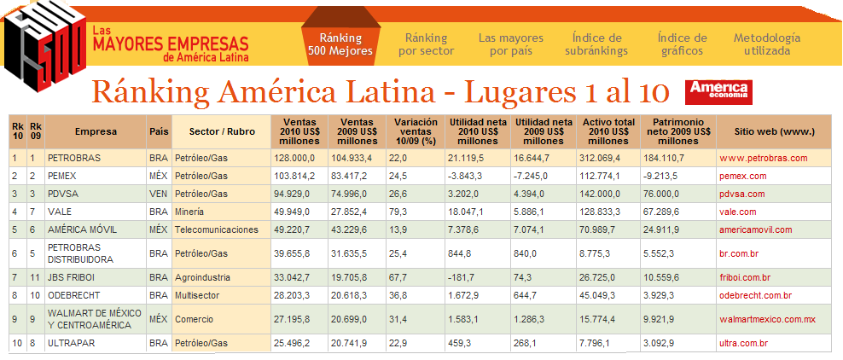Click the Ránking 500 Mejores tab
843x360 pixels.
[340, 44]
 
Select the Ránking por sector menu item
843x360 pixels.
[426, 44]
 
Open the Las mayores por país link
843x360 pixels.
[510, 44]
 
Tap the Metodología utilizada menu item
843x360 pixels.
[767, 44]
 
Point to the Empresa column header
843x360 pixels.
[96, 131]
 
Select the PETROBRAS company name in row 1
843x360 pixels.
[74, 159]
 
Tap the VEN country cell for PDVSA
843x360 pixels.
[158, 194]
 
